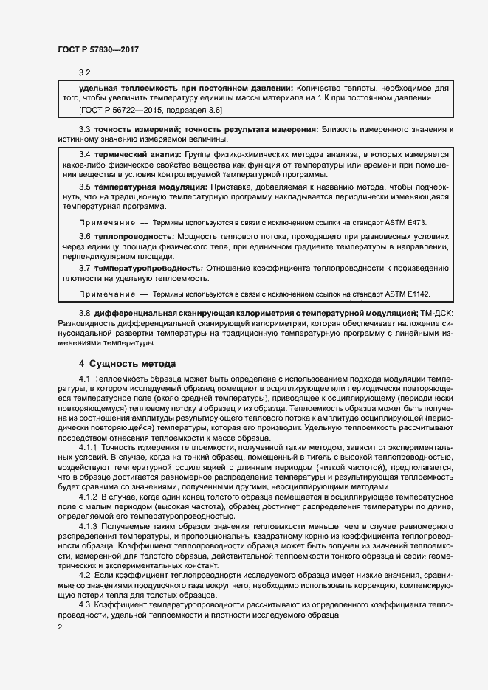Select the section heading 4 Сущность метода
pos(127,364)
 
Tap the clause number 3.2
pos(84,72)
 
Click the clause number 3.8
pos(84,314)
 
